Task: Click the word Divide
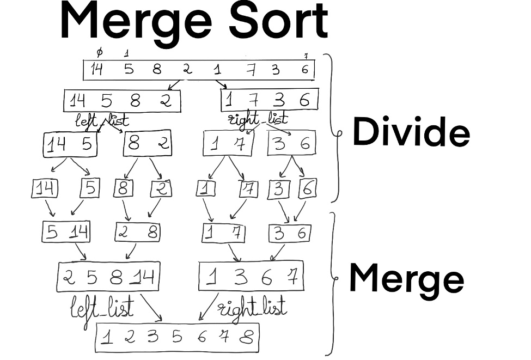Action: [411, 132]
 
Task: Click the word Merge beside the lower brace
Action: [406, 277]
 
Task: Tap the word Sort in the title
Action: [279, 21]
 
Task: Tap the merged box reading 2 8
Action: [138, 233]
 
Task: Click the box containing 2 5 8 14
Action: [108, 277]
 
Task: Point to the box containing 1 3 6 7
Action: [251, 277]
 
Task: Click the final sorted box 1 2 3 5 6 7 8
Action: [178, 338]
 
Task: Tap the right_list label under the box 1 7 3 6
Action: [256, 119]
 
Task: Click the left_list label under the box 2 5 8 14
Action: [102, 309]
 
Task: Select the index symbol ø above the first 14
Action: [99, 52]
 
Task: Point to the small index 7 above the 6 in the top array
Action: [306, 56]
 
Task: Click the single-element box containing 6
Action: [307, 189]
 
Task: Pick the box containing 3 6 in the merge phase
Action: [290, 233]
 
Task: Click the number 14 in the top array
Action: [96, 69]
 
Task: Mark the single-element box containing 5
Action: [90, 188]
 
